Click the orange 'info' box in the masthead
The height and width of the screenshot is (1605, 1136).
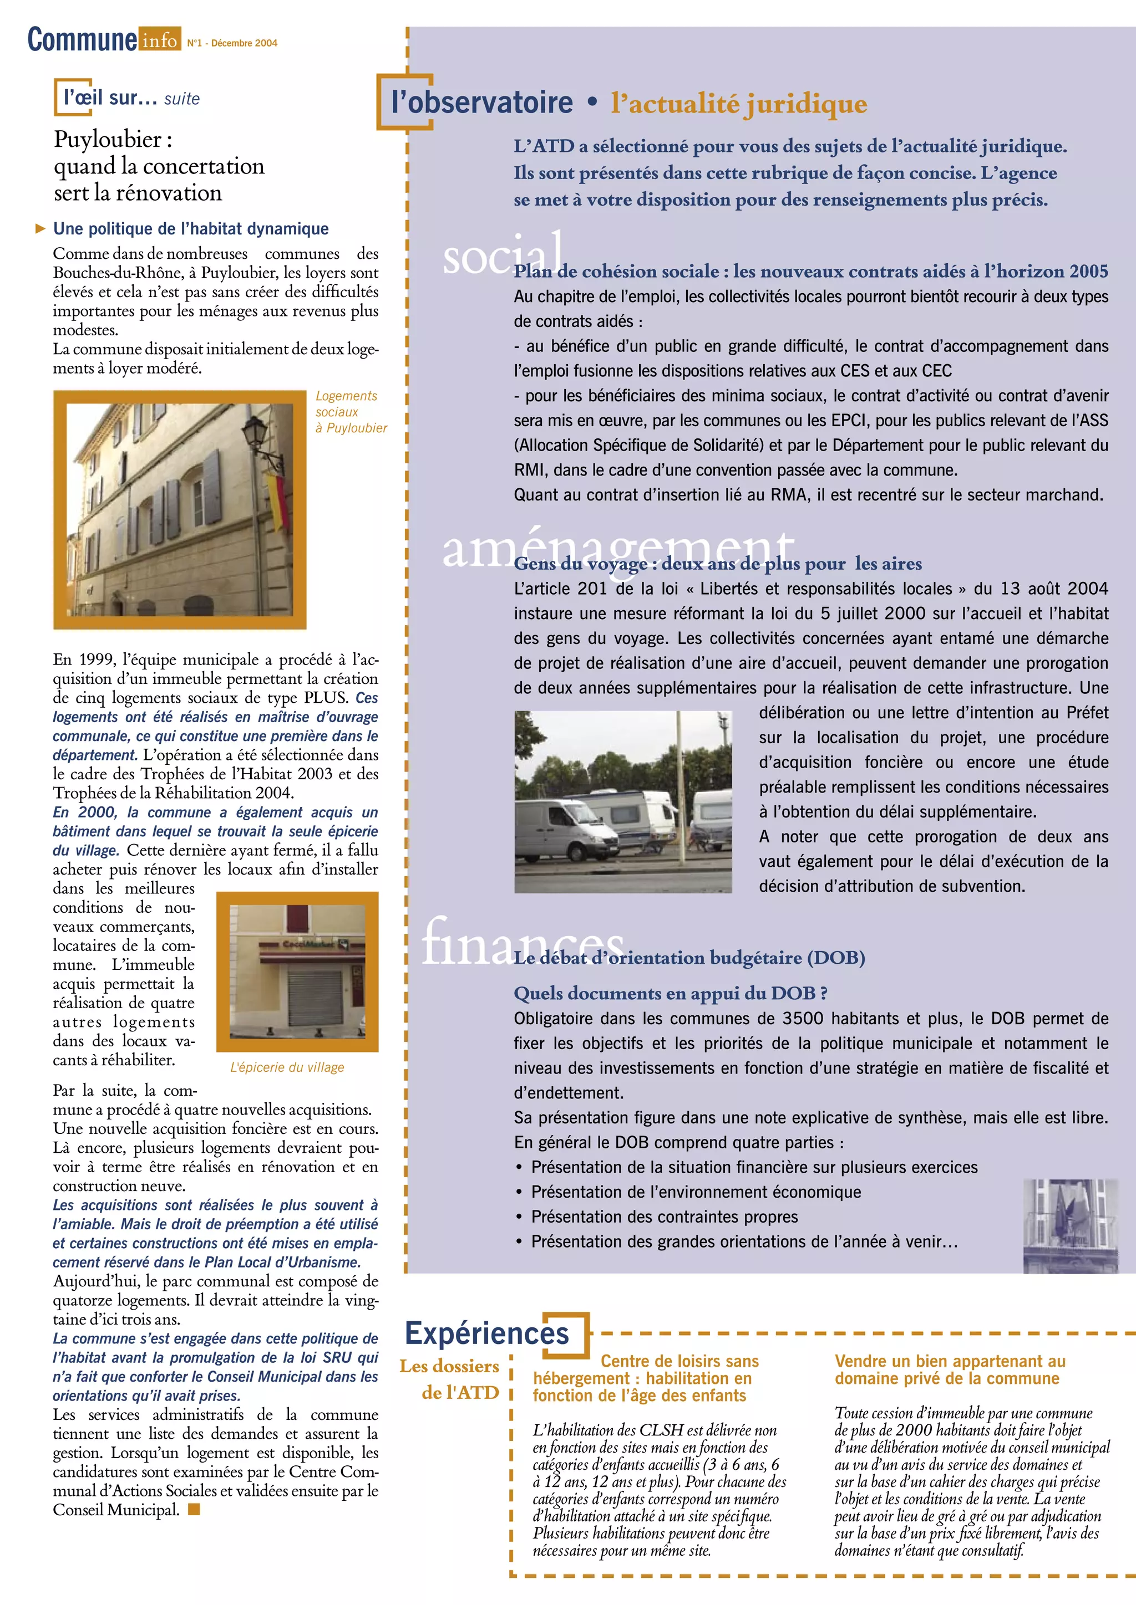pyautogui.click(x=160, y=40)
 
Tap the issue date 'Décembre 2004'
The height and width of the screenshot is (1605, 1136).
pyautogui.click(x=244, y=43)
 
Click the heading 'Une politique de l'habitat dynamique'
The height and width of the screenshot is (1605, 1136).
pyautogui.click(x=191, y=228)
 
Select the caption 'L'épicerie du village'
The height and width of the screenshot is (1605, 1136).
pyautogui.click(x=287, y=1067)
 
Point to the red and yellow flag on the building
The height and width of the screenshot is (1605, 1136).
pyautogui.click(x=276, y=500)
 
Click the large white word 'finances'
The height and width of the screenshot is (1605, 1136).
pyautogui.click(x=522, y=941)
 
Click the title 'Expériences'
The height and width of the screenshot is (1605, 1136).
pyautogui.click(x=487, y=1333)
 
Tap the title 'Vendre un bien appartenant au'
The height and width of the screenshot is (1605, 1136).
pyautogui.click(x=950, y=1361)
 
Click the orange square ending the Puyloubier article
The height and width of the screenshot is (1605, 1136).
pyautogui.click(x=195, y=1509)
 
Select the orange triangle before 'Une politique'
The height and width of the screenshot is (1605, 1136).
pyautogui.click(x=40, y=228)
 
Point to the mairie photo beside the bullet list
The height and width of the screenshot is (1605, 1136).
pyautogui.click(x=1069, y=1225)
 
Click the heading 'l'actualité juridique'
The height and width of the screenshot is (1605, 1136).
pyautogui.click(x=739, y=104)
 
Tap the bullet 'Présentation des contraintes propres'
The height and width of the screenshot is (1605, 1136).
pyautogui.click(x=664, y=1216)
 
